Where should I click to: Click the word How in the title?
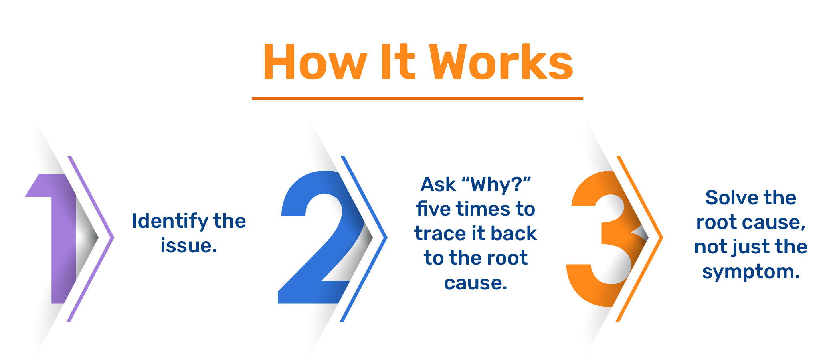(x=315, y=63)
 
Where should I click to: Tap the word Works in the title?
(x=501, y=62)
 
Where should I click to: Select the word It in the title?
(x=398, y=62)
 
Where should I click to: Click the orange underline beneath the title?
(x=417, y=98)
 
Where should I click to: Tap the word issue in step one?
(x=189, y=245)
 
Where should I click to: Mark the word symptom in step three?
(x=751, y=273)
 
